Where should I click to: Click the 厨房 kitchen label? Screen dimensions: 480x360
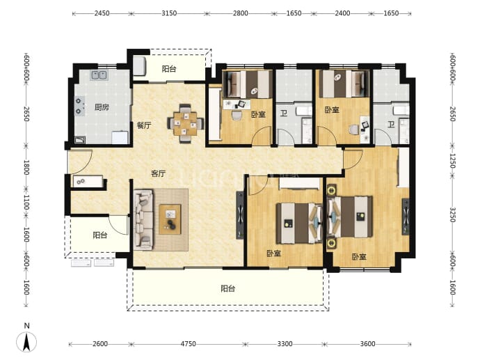102,107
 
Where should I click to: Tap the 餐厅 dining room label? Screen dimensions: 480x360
143,125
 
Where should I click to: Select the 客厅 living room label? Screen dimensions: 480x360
159,173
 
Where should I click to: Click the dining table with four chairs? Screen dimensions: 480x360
185,124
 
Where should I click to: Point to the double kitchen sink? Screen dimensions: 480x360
99,75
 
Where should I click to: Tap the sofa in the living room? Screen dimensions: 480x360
143,219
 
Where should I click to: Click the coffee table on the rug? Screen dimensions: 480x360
170,219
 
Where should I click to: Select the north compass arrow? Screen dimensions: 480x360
26,342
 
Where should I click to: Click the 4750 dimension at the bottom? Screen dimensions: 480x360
188,344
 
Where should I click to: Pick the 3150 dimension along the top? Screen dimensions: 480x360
169,13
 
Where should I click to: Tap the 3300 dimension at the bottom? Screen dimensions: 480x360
285,344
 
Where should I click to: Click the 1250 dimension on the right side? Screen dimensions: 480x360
452,161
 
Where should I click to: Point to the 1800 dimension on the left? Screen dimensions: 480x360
26,167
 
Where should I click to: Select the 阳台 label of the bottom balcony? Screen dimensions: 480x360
227,288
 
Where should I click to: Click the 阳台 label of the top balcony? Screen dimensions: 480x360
169,69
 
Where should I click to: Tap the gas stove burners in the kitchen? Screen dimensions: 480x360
79,106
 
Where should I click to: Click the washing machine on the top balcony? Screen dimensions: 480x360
139,65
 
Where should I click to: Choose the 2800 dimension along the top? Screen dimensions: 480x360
240,13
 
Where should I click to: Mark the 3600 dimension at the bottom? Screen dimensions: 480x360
367,344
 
